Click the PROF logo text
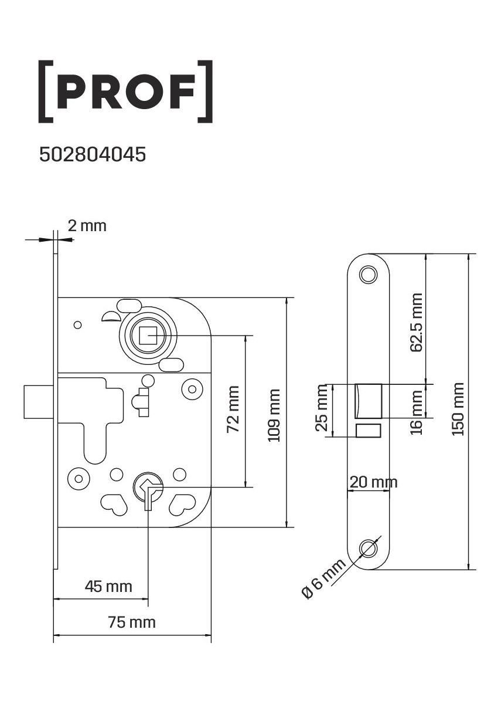pyautogui.click(x=125, y=91)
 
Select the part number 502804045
pyautogui.click(x=93, y=155)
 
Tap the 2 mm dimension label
pyautogui.click(x=87, y=226)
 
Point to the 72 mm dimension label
pyautogui.click(x=233, y=409)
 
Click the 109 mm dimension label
pyautogui.click(x=274, y=415)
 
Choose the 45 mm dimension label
pyautogui.click(x=108, y=587)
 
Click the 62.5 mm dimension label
pyautogui.click(x=417, y=323)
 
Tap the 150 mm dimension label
pyautogui.click(x=458, y=409)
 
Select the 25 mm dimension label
pyautogui.click(x=322, y=408)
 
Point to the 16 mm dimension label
pyautogui.click(x=417, y=412)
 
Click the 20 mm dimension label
pyautogui.click(x=373, y=482)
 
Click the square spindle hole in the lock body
pyautogui.click(x=148, y=336)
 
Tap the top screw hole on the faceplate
pyautogui.click(x=369, y=275)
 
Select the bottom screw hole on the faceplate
pyautogui.click(x=369, y=548)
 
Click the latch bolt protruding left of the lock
pyautogui.click(x=39, y=401)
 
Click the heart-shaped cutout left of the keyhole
pyautogui.click(x=114, y=505)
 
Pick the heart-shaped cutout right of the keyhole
pyautogui.click(x=183, y=505)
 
